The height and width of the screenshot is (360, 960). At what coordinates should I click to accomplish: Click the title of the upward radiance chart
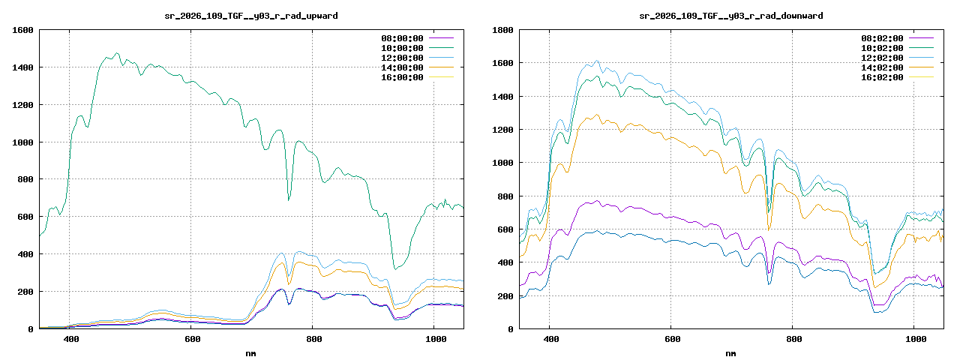click(250, 16)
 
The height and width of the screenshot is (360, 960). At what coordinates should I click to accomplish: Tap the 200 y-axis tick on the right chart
click(505, 296)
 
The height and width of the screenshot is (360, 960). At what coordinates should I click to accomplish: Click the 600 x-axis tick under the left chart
click(192, 340)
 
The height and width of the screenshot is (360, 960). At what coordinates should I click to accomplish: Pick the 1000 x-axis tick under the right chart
click(915, 340)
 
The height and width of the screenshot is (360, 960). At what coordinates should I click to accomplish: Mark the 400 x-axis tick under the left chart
click(70, 340)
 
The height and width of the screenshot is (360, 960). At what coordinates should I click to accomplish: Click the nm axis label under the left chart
click(250, 352)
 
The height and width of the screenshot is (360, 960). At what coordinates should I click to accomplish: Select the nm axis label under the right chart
click(730, 352)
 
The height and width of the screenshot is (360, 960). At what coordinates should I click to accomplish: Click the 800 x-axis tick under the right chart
click(793, 340)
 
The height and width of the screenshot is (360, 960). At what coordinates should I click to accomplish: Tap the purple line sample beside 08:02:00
click(921, 38)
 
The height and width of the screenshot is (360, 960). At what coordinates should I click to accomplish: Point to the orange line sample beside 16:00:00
click(441, 77)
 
